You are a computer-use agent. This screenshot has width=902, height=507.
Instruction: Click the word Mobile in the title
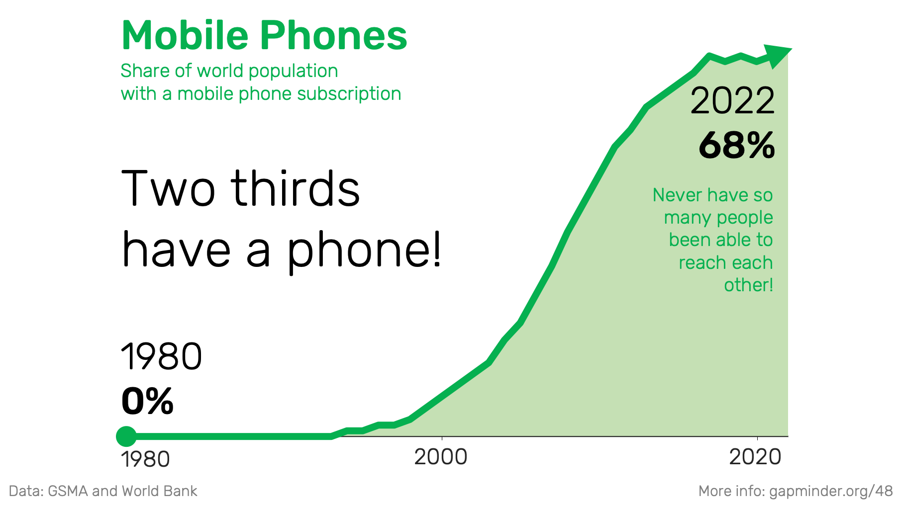[185, 35]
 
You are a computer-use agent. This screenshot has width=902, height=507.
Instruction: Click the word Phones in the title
[334, 35]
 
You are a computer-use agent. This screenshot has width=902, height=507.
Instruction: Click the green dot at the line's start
[126, 436]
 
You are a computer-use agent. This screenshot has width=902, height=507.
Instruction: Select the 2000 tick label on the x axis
[441, 457]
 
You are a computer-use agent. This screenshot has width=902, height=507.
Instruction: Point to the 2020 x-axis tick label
[755, 457]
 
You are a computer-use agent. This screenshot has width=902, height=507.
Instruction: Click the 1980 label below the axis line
[145, 459]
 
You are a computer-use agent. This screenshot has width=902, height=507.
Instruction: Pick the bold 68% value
[737, 146]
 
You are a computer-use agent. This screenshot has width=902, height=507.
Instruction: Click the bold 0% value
[147, 401]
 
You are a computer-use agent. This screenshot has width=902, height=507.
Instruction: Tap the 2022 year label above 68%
[732, 101]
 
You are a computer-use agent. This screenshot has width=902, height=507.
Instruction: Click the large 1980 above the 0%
[162, 356]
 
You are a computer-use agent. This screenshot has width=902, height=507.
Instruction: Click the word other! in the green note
[748, 285]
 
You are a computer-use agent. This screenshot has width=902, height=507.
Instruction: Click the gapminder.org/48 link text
[831, 492]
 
